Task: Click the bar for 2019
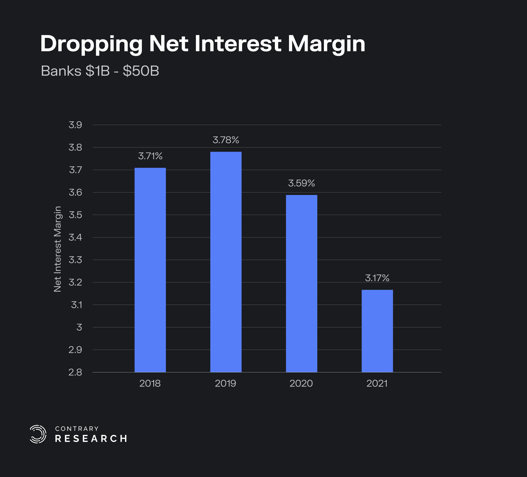(x=226, y=262)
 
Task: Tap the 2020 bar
(x=301, y=284)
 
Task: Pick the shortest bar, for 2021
(x=377, y=331)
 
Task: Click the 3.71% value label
(x=150, y=156)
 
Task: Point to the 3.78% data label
(x=226, y=140)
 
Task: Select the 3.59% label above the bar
(x=301, y=183)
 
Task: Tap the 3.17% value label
(x=377, y=278)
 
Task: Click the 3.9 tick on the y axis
(x=75, y=125)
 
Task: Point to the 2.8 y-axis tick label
(x=75, y=372)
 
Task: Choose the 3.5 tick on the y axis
(x=75, y=215)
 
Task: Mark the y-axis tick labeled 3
(x=79, y=327)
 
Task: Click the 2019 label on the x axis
(x=226, y=384)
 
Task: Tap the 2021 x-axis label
(x=377, y=384)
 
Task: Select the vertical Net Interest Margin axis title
(x=57, y=249)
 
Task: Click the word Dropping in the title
(x=91, y=44)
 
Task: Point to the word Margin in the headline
(x=326, y=44)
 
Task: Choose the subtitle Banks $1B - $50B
(x=100, y=71)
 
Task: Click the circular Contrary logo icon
(x=38, y=434)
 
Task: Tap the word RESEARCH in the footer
(x=91, y=439)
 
